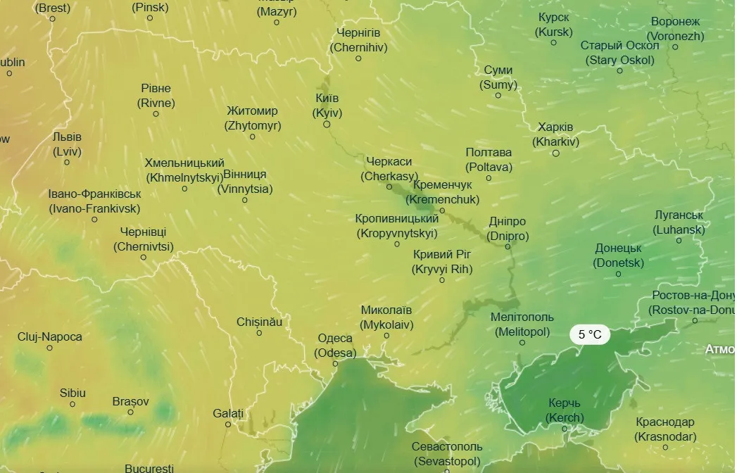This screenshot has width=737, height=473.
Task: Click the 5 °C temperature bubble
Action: [590, 334]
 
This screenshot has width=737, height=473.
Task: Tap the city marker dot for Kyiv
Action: [327, 124]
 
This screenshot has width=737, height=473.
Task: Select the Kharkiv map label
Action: [555, 134]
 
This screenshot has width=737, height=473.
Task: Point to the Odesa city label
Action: [335, 346]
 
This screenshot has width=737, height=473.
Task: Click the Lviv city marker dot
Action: [67, 163]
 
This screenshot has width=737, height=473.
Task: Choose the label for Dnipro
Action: [508, 229]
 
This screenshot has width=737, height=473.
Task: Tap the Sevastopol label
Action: [447, 454]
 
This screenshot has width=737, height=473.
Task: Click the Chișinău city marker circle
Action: [259, 333]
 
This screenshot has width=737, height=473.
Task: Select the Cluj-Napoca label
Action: [50, 336]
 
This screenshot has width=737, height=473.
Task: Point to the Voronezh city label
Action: [675, 29]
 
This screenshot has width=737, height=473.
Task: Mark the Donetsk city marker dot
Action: [619, 274]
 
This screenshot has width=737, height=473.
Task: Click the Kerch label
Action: [565, 410]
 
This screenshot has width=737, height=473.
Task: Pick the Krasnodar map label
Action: [665, 429]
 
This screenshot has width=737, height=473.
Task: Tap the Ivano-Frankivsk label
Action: [94, 201]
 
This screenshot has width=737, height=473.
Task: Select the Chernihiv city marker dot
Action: [358, 58]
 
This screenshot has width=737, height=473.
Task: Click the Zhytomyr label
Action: [253, 118]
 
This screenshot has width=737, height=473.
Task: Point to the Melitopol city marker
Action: [522, 343]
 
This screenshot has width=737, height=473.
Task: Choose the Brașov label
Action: [131, 401]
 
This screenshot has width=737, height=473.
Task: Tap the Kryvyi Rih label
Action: [442, 261]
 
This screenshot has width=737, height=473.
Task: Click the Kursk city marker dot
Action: [553, 42]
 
